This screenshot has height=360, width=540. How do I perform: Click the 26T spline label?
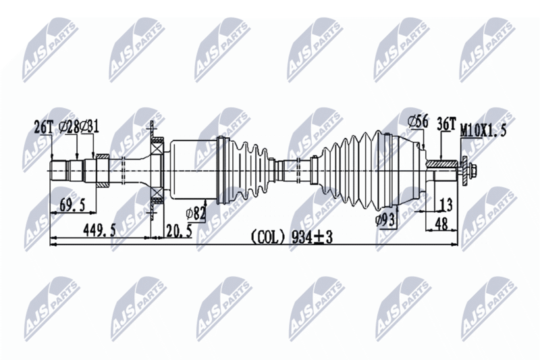pyautogui.click(x=42, y=126)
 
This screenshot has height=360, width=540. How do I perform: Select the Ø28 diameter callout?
pyautogui.click(x=70, y=126)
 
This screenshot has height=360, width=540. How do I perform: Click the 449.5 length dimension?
pyautogui.click(x=99, y=230)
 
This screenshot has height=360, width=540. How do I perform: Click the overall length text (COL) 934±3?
pyautogui.click(x=292, y=237)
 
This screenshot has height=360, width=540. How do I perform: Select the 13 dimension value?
pyautogui.click(x=446, y=205)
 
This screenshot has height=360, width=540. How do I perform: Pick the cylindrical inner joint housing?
pyautogui.click(x=192, y=169)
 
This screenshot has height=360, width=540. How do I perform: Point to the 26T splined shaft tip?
pyautogui.click(x=61, y=170)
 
